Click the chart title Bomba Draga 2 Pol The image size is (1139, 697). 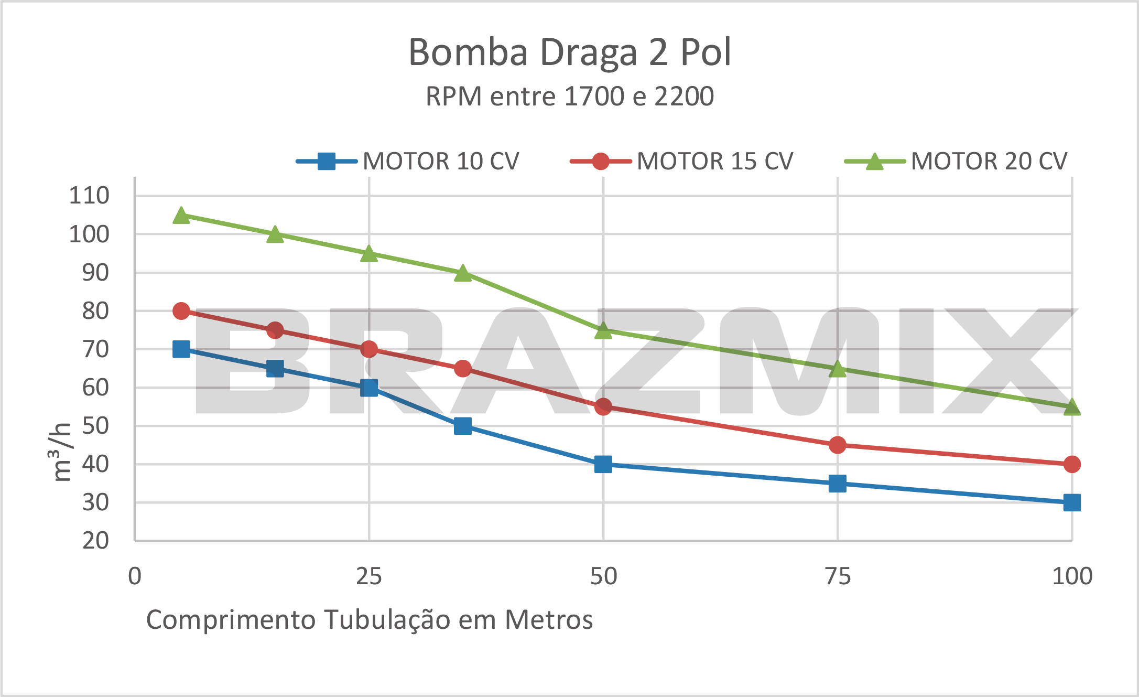pos(569,52)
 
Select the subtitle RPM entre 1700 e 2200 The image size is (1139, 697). pos(569,96)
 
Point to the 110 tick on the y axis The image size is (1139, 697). pos(89,196)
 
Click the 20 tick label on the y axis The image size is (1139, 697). pos(95,540)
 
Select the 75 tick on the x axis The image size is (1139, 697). pos(838,576)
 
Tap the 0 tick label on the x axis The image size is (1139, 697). pos(135,576)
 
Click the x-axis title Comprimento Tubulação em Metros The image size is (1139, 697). pos(369,619)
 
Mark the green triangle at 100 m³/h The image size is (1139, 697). pos(275,234)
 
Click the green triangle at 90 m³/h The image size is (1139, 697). pos(462,273)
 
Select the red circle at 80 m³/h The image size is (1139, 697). pos(181,311)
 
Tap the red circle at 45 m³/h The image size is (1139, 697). pos(838,445)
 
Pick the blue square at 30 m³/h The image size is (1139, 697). pos(1072,502)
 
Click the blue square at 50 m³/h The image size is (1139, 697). pos(462,426)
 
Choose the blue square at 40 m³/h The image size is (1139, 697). pos(603,464)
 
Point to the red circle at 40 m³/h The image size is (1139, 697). pos(1072,464)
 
